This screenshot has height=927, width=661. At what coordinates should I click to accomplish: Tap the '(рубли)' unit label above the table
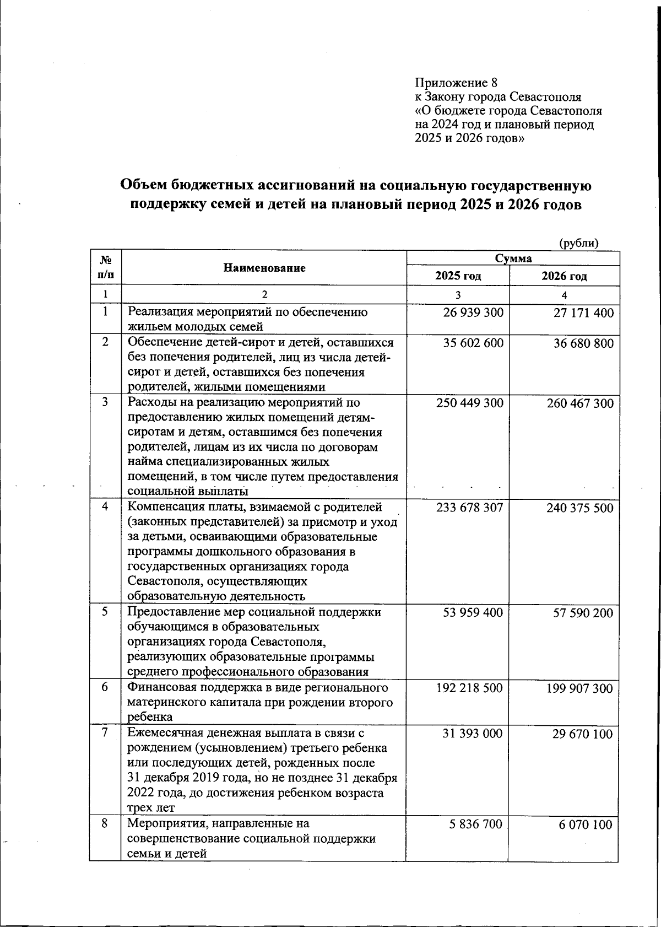click(x=578, y=243)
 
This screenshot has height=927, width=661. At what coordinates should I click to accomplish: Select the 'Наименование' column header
click(x=264, y=268)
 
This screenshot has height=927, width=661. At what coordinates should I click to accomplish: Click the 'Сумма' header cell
click(x=513, y=258)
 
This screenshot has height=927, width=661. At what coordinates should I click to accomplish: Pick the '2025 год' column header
click(x=458, y=276)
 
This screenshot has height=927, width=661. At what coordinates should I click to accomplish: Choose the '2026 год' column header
click(x=564, y=276)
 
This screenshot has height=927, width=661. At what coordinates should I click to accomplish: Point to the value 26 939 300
click(x=473, y=313)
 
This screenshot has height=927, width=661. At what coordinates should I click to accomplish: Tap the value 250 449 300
click(x=469, y=403)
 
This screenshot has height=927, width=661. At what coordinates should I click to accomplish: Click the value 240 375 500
click(x=579, y=508)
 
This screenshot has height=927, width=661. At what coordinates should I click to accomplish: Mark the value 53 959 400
click(x=473, y=613)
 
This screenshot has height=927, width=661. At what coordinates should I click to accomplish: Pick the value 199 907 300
click(x=579, y=688)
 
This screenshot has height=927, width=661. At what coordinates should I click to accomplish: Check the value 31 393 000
click(x=473, y=734)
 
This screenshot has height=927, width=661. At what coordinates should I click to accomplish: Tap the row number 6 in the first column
click(x=105, y=687)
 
